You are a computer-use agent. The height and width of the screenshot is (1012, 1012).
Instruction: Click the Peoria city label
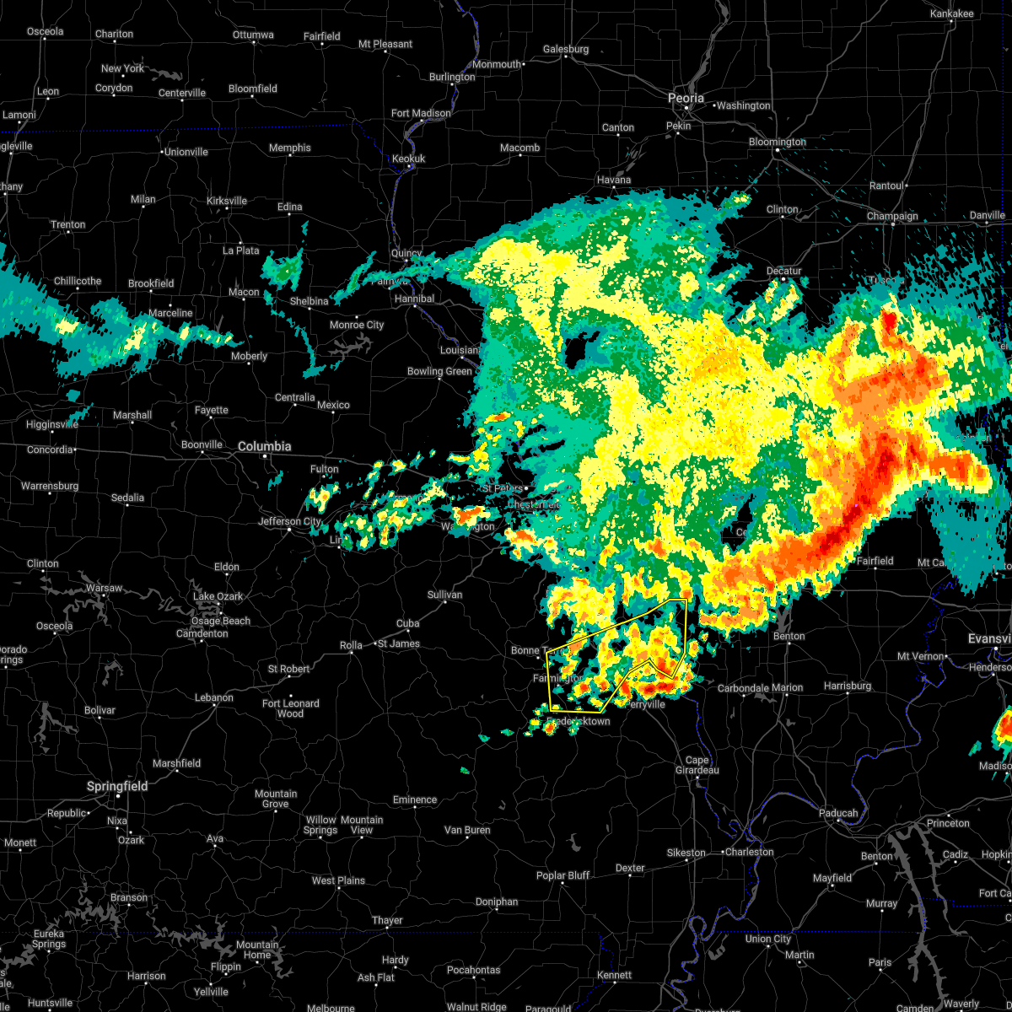tap(686, 99)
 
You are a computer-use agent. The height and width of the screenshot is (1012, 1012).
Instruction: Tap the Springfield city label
tap(117, 786)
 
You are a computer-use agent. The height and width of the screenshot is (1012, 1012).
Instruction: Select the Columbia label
tap(264, 446)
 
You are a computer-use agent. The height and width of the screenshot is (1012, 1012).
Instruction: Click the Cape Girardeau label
tap(697, 765)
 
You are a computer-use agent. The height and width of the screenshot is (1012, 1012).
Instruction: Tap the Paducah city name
tap(837, 813)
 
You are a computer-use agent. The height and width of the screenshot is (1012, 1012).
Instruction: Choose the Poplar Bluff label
tap(563, 875)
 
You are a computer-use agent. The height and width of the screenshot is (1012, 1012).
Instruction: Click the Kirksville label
tap(227, 201)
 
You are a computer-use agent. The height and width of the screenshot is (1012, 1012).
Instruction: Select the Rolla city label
tap(351, 645)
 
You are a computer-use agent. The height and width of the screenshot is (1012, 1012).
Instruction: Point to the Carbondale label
tap(743, 688)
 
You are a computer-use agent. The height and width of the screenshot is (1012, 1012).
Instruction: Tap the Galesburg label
tap(565, 49)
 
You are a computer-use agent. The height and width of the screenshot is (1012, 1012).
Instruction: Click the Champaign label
tap(892, 217)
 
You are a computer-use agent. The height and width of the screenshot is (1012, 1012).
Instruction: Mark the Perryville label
tap(645, 704)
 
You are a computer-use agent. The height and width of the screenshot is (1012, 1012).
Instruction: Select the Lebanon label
tap(213, 697)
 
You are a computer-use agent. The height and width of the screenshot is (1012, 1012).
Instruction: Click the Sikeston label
tap(686, 853)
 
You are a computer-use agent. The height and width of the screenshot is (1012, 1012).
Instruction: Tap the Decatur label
tap(783, 271)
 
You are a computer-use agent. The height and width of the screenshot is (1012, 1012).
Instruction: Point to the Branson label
tap(129, 897)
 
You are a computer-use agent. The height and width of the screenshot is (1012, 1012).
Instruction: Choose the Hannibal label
tap(414, 299)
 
